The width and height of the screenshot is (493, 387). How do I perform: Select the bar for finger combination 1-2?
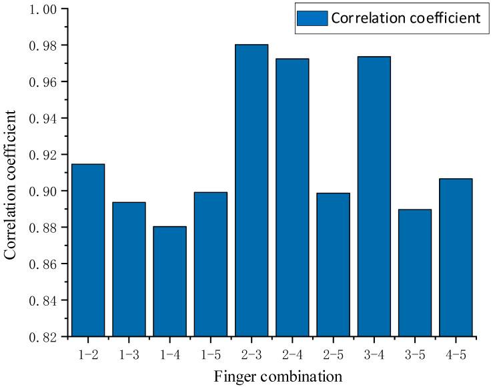[87, 250]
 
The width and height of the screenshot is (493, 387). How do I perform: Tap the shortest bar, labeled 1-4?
[169, 281]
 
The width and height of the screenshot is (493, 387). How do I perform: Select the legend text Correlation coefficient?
[405, 18]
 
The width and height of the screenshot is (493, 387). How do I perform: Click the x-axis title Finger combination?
[278, 376]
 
